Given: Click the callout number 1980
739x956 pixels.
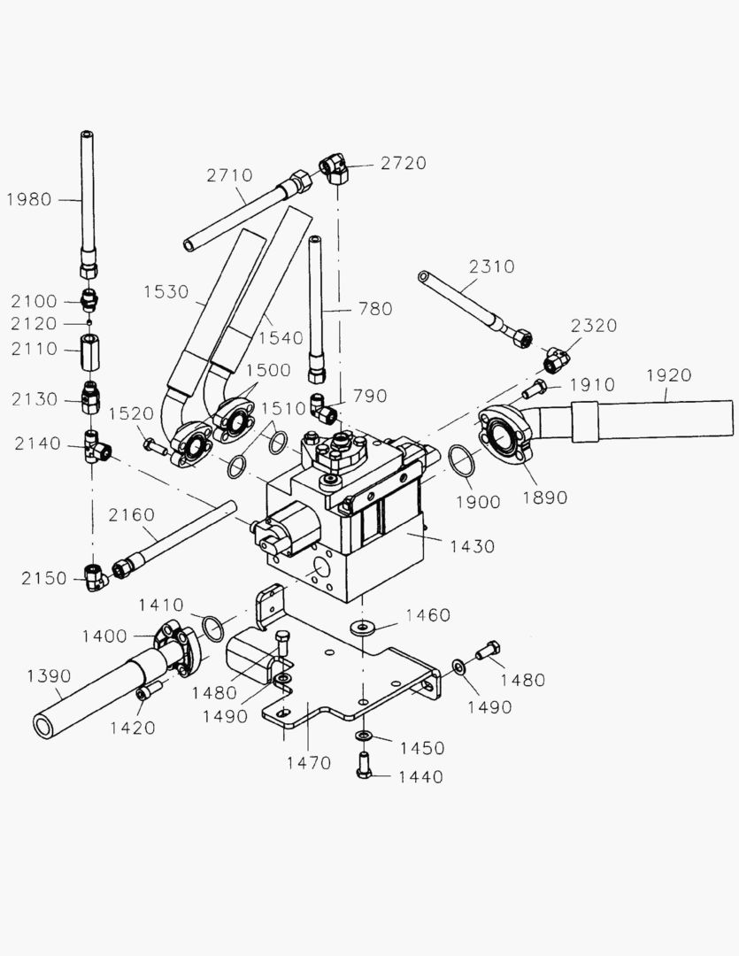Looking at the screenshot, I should [28, 200].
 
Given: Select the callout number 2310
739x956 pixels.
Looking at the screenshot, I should [491, 266].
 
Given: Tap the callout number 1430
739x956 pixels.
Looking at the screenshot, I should [472, 547].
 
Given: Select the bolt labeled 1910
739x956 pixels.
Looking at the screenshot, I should [534, 388].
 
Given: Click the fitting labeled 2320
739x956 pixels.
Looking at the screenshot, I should [556, 359].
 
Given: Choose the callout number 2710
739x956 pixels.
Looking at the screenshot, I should [229, 175].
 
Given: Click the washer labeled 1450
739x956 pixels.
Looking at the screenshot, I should [364, 736].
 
